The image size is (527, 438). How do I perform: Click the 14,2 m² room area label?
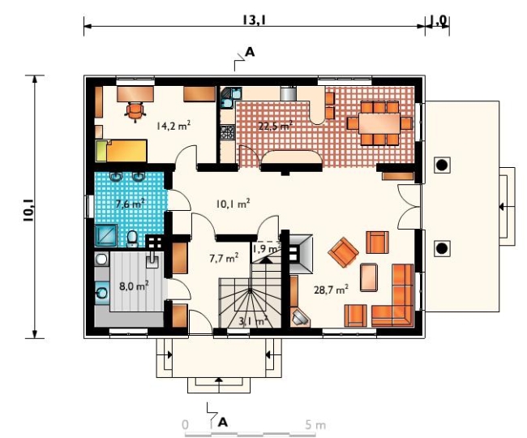tap(174, 126)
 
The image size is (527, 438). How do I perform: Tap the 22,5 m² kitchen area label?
tap(275, 126)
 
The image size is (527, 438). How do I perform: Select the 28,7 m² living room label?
tap(331, 290)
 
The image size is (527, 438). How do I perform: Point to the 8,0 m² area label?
tap(134, 286)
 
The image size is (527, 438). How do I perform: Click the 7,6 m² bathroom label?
tap(130, 204)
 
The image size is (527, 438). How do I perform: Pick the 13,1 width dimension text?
tap(255, 20)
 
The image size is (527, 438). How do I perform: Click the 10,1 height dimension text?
tap(28, 210)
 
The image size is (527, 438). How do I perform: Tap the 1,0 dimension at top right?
tap(439, 20)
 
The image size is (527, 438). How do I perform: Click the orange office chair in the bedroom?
tap(135, 111)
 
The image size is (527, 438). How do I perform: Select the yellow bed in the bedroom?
tap(121, 151)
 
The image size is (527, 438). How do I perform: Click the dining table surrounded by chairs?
tap(379, 124)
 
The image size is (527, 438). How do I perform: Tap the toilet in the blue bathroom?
tap(132, 238)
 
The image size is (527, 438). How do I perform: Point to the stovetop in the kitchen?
tap(227, 131)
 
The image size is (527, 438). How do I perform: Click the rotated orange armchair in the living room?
tap(343, 252)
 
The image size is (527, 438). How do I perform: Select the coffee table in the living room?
tap(369, 277)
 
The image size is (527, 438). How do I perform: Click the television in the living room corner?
tap(300, 317)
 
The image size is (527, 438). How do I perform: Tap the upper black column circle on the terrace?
tap(442, 165)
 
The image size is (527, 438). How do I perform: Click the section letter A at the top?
tap(250, 52)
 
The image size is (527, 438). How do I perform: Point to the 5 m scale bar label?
tap(315, 425)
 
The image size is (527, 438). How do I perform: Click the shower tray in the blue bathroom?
tap(106, 235)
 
